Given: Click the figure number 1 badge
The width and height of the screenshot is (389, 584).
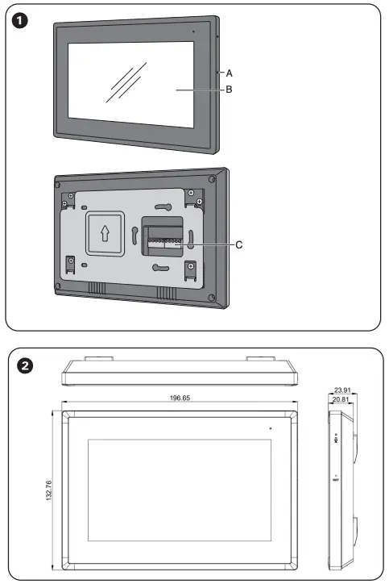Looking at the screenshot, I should click(24, 20).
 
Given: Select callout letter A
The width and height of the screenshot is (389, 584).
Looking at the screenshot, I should click(230, 72).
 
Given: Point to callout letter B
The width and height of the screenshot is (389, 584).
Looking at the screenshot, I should click(230, 90).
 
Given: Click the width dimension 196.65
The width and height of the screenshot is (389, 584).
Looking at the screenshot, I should click(180, 398).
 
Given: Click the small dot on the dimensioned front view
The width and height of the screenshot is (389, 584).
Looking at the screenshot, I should click(271, 428).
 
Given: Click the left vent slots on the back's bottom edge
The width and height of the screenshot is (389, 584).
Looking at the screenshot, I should click(97, 289).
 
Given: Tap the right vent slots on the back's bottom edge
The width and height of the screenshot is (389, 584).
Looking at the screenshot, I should click(168, 292).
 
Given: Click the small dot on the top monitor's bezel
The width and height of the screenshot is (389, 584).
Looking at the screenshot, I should click(192, 31).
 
